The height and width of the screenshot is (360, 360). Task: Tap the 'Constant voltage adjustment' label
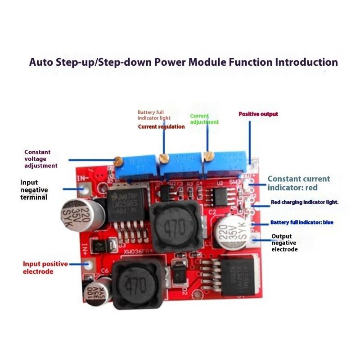click(40, 159)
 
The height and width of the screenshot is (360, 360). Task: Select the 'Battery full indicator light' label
click(154, 115)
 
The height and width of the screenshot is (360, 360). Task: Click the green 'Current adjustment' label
click(204, 119)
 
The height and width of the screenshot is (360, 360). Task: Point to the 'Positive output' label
click(258, 114)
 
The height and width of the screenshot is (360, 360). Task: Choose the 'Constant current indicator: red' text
click(298, 183)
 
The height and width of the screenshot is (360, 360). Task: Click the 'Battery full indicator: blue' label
click(301, 222)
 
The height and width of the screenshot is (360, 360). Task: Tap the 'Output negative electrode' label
click(284, 243)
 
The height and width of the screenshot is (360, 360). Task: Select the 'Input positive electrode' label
click(45, 267)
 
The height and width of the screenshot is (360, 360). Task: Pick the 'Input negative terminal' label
click(34, 189)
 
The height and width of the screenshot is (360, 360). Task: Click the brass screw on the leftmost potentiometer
click(118, 160)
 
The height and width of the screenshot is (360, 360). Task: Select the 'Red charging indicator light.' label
click(304, 202)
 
